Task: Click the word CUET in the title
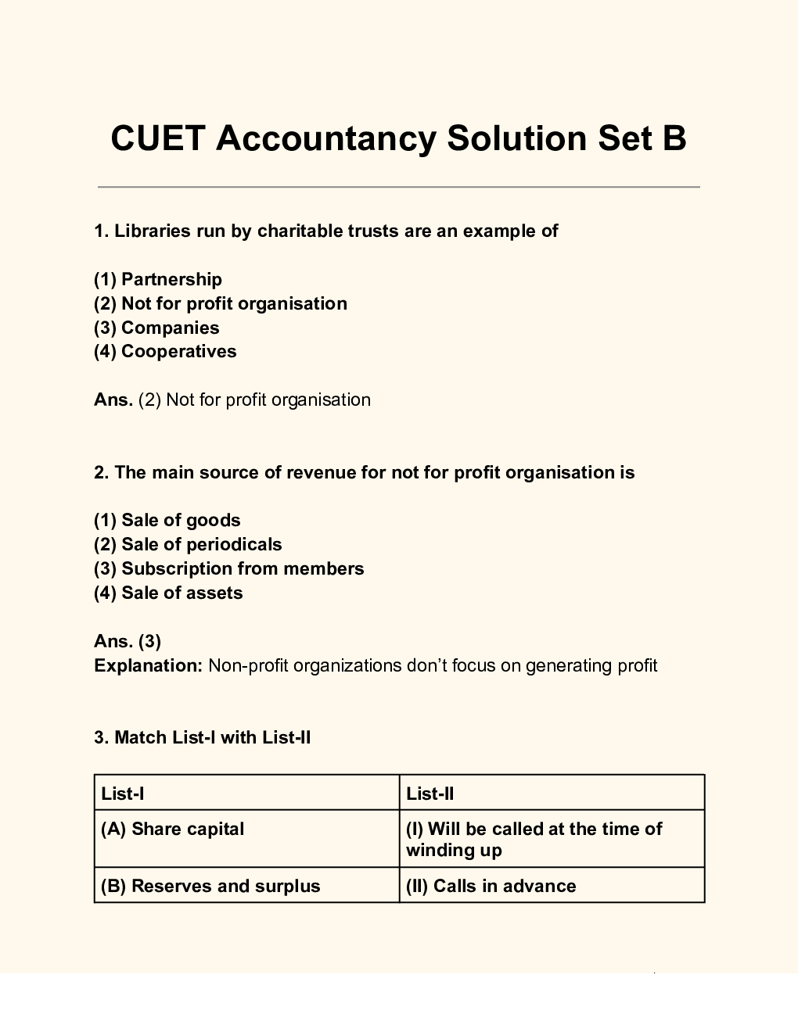pyautogui.click(x=158, y=138)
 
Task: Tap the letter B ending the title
pyautogui.click(x=674, y=138)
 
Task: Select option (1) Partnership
pyautogui.click(x=158, y=279)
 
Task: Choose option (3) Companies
pyautogui.click(x=156, y=328)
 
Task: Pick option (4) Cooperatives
pyautogui.click(x=165, y=351)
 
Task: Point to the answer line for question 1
pyautogui.click(x=232, y=400)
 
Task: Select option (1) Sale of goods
pyautogui.click(x=167, y=520)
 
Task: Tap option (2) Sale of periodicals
pyautogui.click(x=188, y=544)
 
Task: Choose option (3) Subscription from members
pyautogui.click(x=228, y=568)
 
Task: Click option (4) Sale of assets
pyautogui.click(x=168, y=593)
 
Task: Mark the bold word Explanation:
pyautogui.click(x=149, y=665)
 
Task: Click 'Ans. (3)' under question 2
pyautogui.click(x=128, y=641)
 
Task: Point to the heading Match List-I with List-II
pyautogui.click(x=203, y=737)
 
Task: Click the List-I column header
pyautogui.click(x=123, y=794)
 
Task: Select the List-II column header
pyautogui.click(x=430, y=794)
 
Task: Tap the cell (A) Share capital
pyautogui.click(x=173, y=829)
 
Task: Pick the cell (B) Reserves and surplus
pyautogui.click(x=210, y=886)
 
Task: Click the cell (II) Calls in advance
pyautogui.click(x=491, y=886)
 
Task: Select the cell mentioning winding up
pyautogui.click(x=534, y=839)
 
